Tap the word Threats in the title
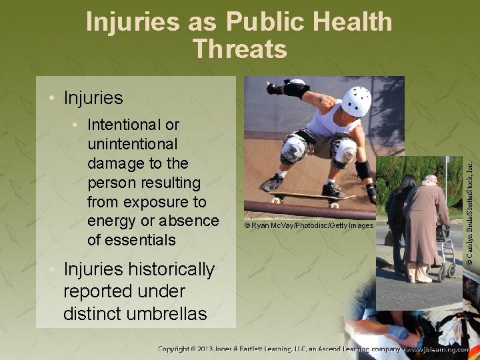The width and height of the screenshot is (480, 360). [239, 49]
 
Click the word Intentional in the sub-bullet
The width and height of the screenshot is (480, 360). [125, 125]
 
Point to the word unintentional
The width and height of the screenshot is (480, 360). [132, 144]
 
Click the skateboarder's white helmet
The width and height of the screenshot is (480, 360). [356, 101]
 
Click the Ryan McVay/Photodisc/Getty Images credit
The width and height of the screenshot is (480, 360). [309, 226]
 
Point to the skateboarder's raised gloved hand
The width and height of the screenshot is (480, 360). [274, 88]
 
